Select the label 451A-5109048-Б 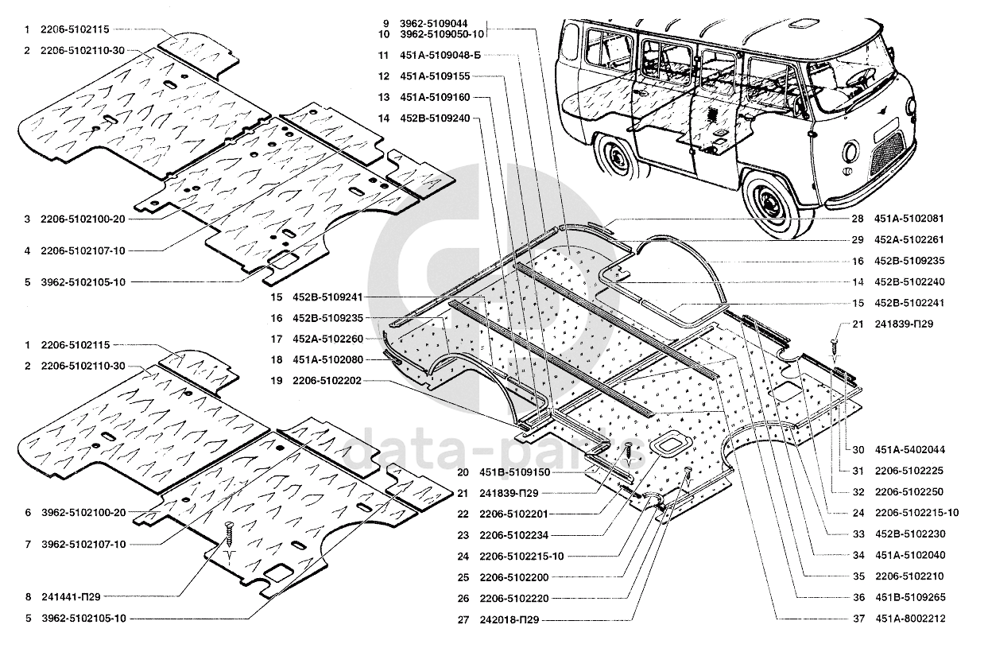click(440, 55)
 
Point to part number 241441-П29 click(71, 597)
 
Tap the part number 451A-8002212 click(910, 619)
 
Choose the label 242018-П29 click(509, 619)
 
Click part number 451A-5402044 click(910, 449)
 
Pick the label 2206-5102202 click(327, 380)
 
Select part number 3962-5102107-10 click(83, 545)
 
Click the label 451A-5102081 click(909, 219)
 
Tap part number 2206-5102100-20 click(83, 219)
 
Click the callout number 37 click(858, 619)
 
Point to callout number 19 click(276, 380)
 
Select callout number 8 click(29, 597)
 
